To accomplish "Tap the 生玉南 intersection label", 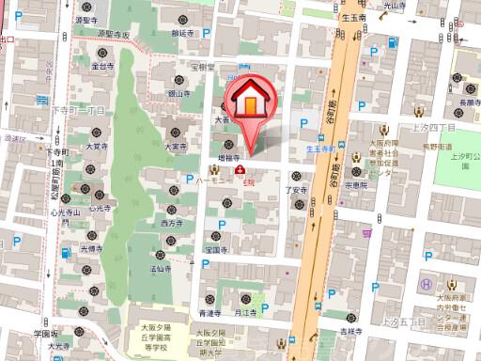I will [x=353, y=16].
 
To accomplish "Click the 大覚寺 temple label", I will [x=96, y=147].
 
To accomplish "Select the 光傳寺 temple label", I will [x=91, y=248].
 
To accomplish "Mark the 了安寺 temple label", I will [x=297, y=190].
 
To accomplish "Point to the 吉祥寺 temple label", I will [x=351, y=331].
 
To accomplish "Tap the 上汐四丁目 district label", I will [x=433, y=125].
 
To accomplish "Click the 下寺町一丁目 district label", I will [x=77, y=111].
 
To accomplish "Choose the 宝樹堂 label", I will [x=205, y=67].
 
